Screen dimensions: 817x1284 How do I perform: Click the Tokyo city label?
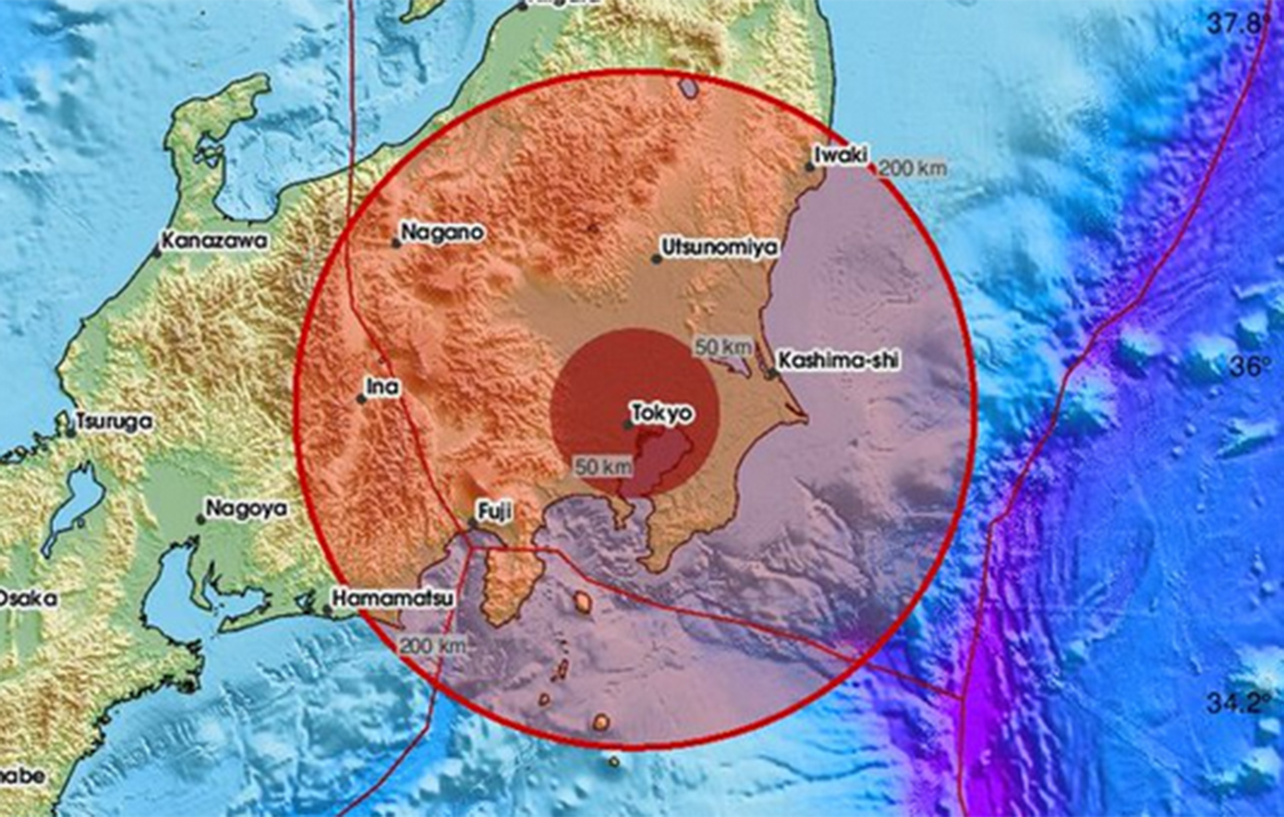(660, 413)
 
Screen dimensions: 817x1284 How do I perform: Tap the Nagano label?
(442, 233)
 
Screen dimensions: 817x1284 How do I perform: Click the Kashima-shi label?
(838, 361)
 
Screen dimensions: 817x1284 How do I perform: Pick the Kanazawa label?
(214, 241)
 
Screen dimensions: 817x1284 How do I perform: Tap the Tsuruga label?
(115, 421)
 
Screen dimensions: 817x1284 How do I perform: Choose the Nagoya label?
(246, 509)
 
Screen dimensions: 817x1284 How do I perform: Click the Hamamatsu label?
(394, 598)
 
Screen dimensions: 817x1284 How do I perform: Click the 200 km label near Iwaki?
(913, 168)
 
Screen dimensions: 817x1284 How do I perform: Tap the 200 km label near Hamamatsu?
(432, 645)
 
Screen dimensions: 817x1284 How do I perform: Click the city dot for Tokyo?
(628, 425)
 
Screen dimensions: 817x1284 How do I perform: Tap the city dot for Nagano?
(396, 244)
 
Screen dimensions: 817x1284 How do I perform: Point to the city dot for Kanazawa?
(158, 251)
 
